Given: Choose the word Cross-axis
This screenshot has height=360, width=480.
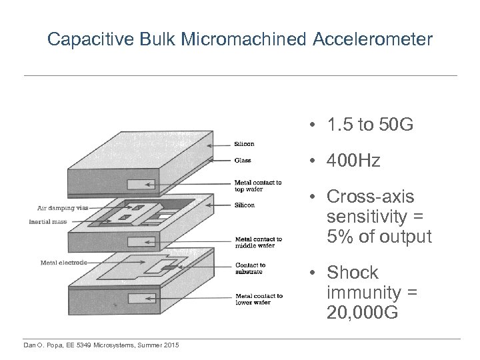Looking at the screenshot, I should pyautogui.click(x=370, y=197).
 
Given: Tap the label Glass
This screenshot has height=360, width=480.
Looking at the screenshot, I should pyautogui.click(x=243, y=160).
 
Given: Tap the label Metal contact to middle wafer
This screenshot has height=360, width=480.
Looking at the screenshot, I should pyautogui.click(x=259, y=242).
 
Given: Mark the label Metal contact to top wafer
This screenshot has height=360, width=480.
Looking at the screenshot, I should pyautogui.click(x=258, y=185).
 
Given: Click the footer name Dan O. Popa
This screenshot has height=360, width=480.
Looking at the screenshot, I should pyautogui.click(x=44, y=344).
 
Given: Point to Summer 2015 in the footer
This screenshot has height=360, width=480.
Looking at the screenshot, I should pyautogui.click(x=165, y=344).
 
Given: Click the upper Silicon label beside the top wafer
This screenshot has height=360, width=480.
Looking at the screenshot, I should pyautogui.click(x=244, y=143).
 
